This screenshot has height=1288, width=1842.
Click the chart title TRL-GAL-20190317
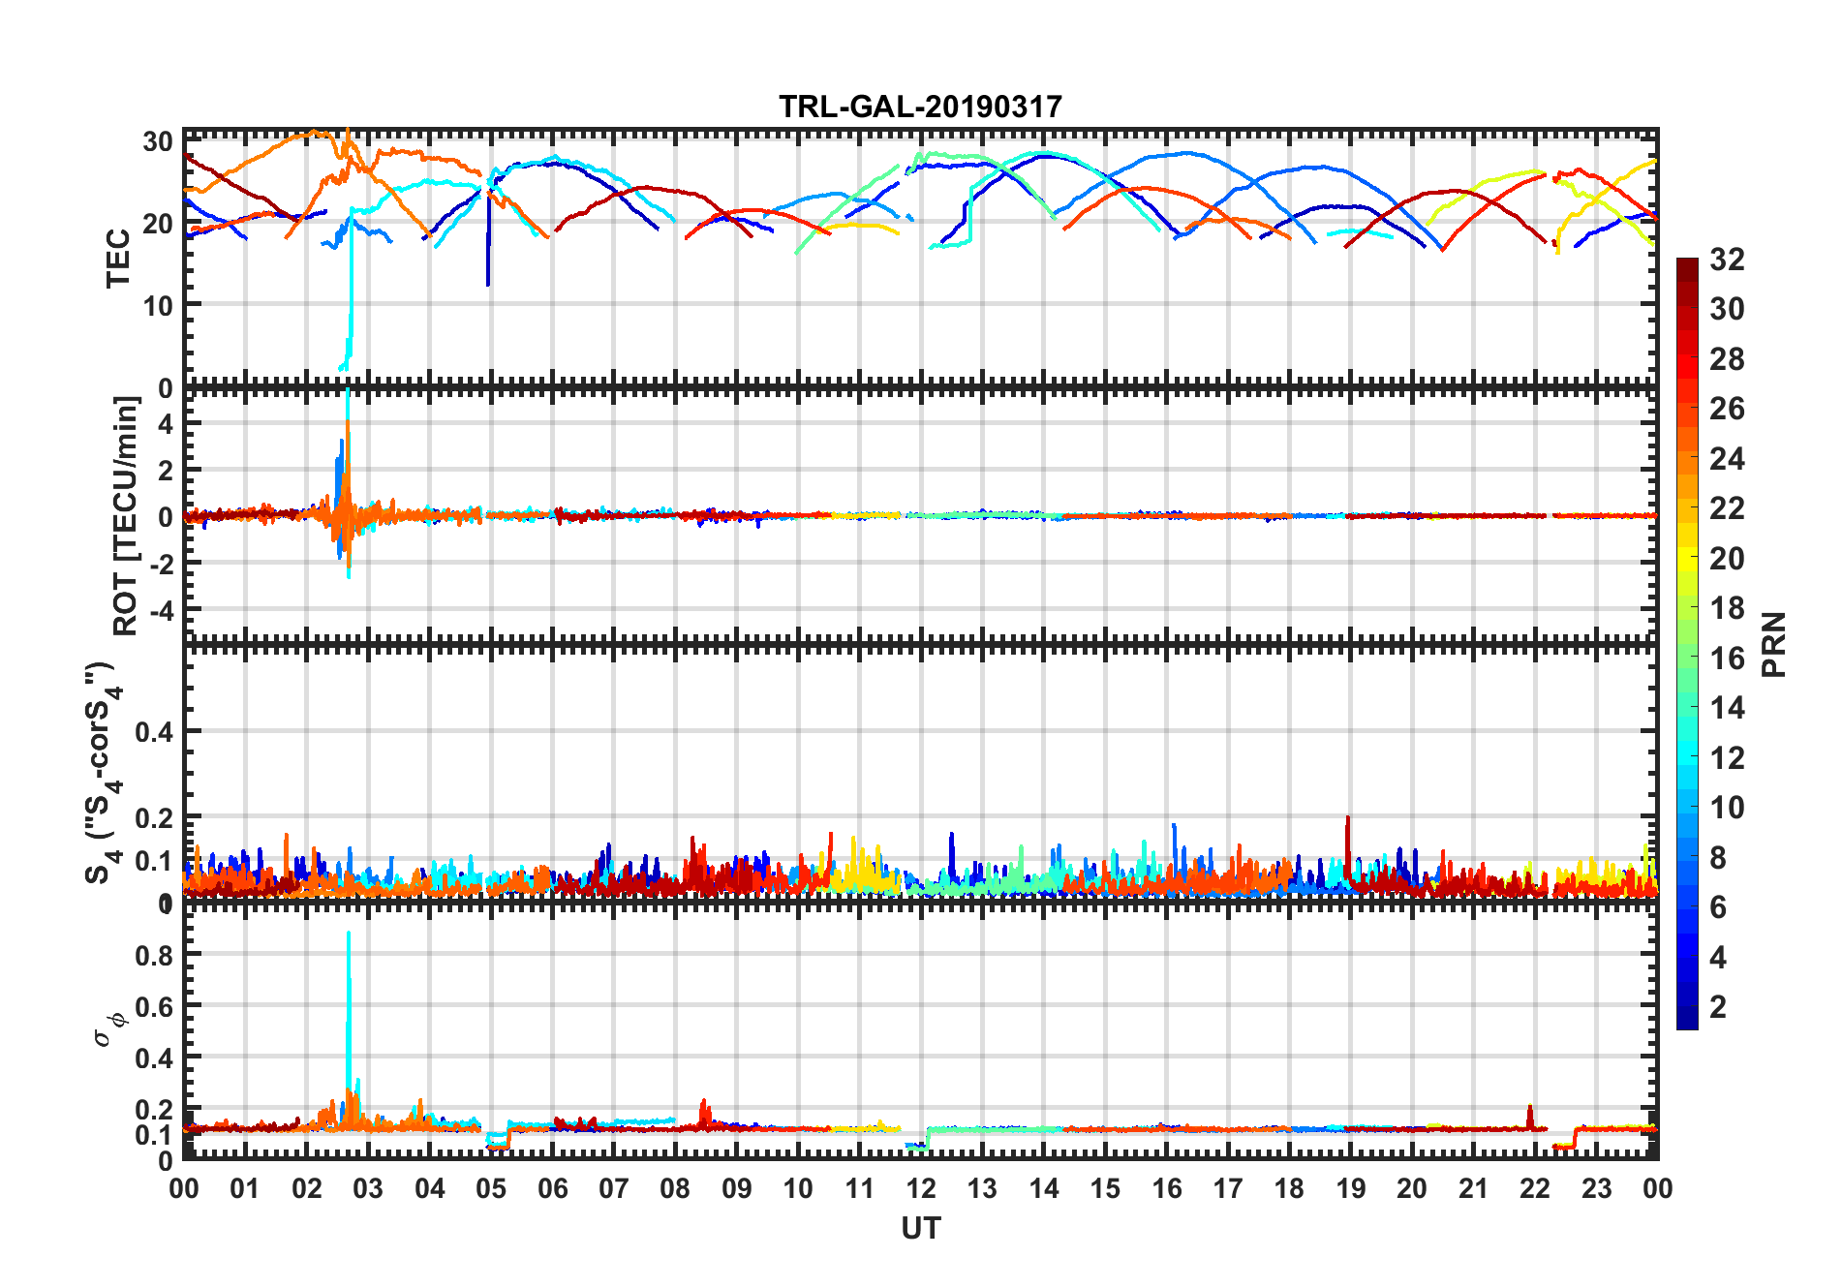(920, 107)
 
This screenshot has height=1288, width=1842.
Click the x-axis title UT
(920, 1228)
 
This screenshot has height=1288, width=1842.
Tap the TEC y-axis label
(118, 258)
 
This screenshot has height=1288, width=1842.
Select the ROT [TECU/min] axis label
(126, 515)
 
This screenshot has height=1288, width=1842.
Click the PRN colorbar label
(1774, 644)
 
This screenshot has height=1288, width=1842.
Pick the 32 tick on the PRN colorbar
(1727, 260)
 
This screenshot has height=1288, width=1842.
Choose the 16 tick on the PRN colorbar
(1727, 659)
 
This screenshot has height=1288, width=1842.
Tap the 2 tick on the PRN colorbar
(1719, 1007)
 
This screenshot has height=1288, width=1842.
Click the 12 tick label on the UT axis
(921, 1188)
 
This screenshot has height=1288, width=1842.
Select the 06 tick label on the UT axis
(552, 1188)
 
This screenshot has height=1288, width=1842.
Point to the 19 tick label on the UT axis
(1350, 1188)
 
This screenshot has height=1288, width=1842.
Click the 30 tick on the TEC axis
(158, 141)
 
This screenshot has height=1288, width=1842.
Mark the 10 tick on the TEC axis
(158, 305)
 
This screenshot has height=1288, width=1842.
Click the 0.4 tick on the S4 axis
(154, 732)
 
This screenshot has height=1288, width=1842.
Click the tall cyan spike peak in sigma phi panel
(349, 934)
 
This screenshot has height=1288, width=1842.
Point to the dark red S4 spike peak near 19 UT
(1347, 818)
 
